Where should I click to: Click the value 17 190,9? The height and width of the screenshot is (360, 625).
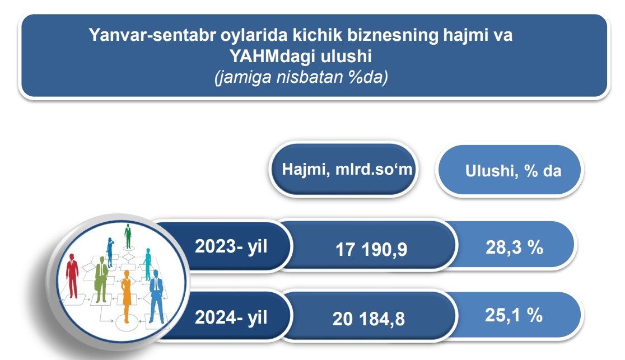point(371,250)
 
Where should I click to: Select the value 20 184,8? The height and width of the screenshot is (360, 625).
point(369,319)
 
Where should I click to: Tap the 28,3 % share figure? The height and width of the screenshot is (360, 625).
point(514,247)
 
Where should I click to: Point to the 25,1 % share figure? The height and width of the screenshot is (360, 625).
point(514,315)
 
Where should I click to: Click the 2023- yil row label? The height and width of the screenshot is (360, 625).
point(231,246)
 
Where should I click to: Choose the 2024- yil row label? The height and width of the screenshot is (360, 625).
point(231,318)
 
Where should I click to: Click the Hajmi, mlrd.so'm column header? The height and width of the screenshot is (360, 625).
point(347,170)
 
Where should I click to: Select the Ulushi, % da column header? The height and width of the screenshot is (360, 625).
point(514,171)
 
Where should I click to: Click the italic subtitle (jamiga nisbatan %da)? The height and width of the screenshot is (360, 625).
point(301,77)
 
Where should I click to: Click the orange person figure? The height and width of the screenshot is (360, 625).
point(127,296)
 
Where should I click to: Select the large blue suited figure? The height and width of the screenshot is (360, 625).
point(156,296)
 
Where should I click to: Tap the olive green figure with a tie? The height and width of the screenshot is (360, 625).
point(101,279)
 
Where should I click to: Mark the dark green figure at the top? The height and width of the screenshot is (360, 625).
point(128,236)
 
